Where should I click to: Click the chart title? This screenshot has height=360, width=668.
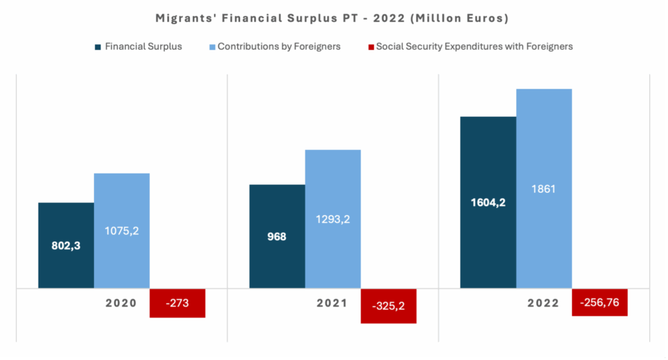tap(332, 18)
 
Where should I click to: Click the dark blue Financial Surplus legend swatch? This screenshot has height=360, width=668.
tap(98, 47)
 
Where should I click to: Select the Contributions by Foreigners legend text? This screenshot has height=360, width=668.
tap(279, 47)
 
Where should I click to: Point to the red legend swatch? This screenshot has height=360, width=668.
tap(372, 47)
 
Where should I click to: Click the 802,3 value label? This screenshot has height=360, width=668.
tap(66, 246)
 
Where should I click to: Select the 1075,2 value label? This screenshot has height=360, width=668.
tap(122, 230)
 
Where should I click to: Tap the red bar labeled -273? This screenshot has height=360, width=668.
tap(177, 303)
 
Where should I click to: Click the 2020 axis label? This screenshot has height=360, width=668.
tap(121, 303)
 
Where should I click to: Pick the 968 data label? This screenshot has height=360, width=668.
tap(277, 236)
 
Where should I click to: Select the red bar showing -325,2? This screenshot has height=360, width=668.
tap(388, 305)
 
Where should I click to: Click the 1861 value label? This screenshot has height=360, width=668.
tap(543, 189)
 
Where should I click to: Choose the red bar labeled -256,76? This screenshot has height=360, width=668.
tap(600, 303)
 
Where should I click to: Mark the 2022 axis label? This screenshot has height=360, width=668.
tap(543, 303)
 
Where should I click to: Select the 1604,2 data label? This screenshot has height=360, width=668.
tap(488, 202)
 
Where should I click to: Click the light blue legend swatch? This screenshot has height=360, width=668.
tap(211, 47)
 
